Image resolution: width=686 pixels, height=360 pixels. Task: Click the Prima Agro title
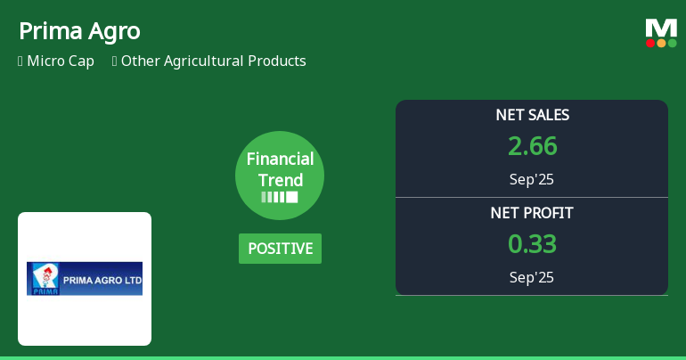(x=79, y=31)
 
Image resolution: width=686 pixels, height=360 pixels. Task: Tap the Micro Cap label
(x=61, y=61)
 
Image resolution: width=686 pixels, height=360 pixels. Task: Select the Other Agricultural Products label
(x=213, y=61)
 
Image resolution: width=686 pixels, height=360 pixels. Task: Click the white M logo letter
(x=661, y=28)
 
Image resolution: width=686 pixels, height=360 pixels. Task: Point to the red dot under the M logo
(x=650, y=43)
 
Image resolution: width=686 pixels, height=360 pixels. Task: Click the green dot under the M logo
(x=672, y=43)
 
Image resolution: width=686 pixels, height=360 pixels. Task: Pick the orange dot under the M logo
(x=661, y=43)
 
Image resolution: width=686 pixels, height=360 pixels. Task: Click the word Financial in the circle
(x=280, y=160)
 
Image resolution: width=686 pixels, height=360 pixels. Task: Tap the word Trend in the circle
(x=280, y=180)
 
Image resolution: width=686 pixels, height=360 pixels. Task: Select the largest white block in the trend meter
(x=292, y=197)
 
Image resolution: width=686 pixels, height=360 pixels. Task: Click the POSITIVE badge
(x=280, y=249)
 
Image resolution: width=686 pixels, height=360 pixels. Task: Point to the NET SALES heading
(x=532, y=115)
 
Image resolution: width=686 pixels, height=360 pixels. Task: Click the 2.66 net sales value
(x=532, y=146)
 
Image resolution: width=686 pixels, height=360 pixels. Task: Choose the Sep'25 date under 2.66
(x=532, y=179)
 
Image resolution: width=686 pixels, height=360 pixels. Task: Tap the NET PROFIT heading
(x=532, y=213)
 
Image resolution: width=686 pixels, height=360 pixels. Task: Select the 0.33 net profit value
(x=532, y=243)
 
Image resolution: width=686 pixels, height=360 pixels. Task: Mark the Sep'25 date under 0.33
(x=532, y=277)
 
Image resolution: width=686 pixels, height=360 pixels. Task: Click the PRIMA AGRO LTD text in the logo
(x=95, y=279)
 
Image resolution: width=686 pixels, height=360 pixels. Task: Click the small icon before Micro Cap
(x=20, y=61)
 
